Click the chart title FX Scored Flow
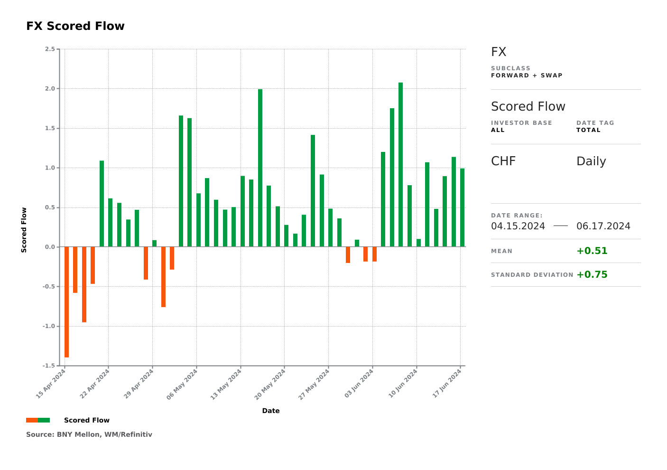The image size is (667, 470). click(75, 26)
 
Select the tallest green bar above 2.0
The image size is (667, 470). click(400, 164)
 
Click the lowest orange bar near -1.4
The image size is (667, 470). click(66, 302)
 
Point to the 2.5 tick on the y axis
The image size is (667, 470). click(50, 49)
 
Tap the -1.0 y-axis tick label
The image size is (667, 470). click(49, 326)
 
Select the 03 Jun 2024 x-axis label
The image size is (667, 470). click(359, 384)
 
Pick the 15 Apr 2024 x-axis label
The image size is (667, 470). click(51, 384)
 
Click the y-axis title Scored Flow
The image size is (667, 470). click(24, 230)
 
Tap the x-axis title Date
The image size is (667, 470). click(271, 411)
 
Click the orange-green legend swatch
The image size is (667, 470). click(38, 420)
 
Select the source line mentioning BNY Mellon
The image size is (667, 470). click(89, 434)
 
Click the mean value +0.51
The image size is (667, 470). click(592, 251)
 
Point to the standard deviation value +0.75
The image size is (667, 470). click(592, 274)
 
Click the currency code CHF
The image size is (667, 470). click(503, 161)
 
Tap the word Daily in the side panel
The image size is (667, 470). click(591, 161)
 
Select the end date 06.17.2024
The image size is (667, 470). click(603, 226)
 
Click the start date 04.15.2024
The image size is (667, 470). click(518, 226)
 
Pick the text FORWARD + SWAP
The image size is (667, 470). click(527, 75)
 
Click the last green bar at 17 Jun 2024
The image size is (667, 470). click(462, 207)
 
